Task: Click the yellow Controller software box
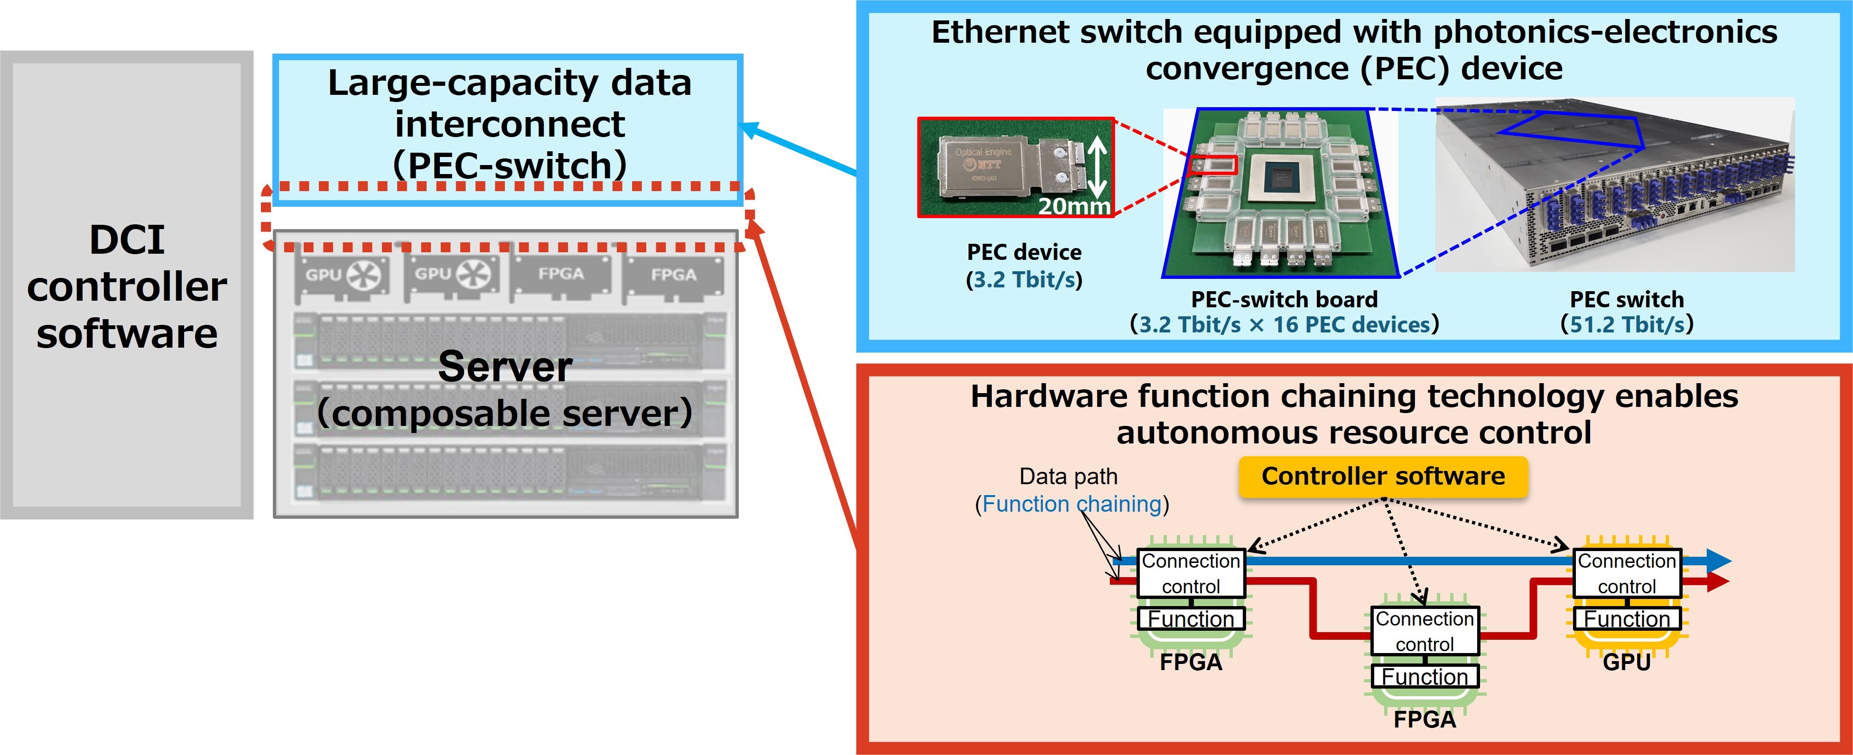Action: tap(1383, 477)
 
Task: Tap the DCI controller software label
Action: tap(127, 286)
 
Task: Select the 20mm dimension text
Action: tap(1074, 206)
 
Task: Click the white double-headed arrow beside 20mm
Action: tap(1096, 167)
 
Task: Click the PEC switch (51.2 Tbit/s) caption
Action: tap(1626, 312)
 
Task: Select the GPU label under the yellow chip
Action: tap(1626, 662)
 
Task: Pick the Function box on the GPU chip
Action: tap(1626, 619)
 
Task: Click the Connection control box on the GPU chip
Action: tap(1626, 573)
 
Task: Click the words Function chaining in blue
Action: tap(1071, 504)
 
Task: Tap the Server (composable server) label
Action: tap(505, 389)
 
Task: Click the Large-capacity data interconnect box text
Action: tap(509, 124)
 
